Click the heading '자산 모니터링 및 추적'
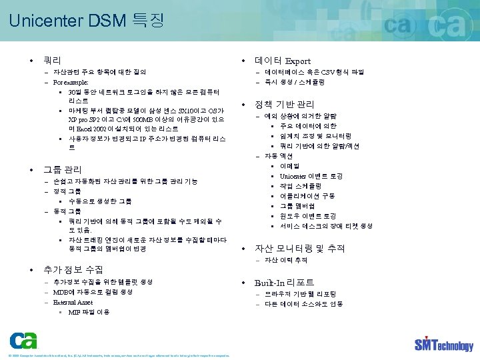tap(299, 248)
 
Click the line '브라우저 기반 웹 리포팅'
tap(300, 294)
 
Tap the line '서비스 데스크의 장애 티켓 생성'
tap(326, 226)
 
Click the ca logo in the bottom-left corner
tap(23, 340)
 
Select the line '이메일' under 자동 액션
tap(289, 166)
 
